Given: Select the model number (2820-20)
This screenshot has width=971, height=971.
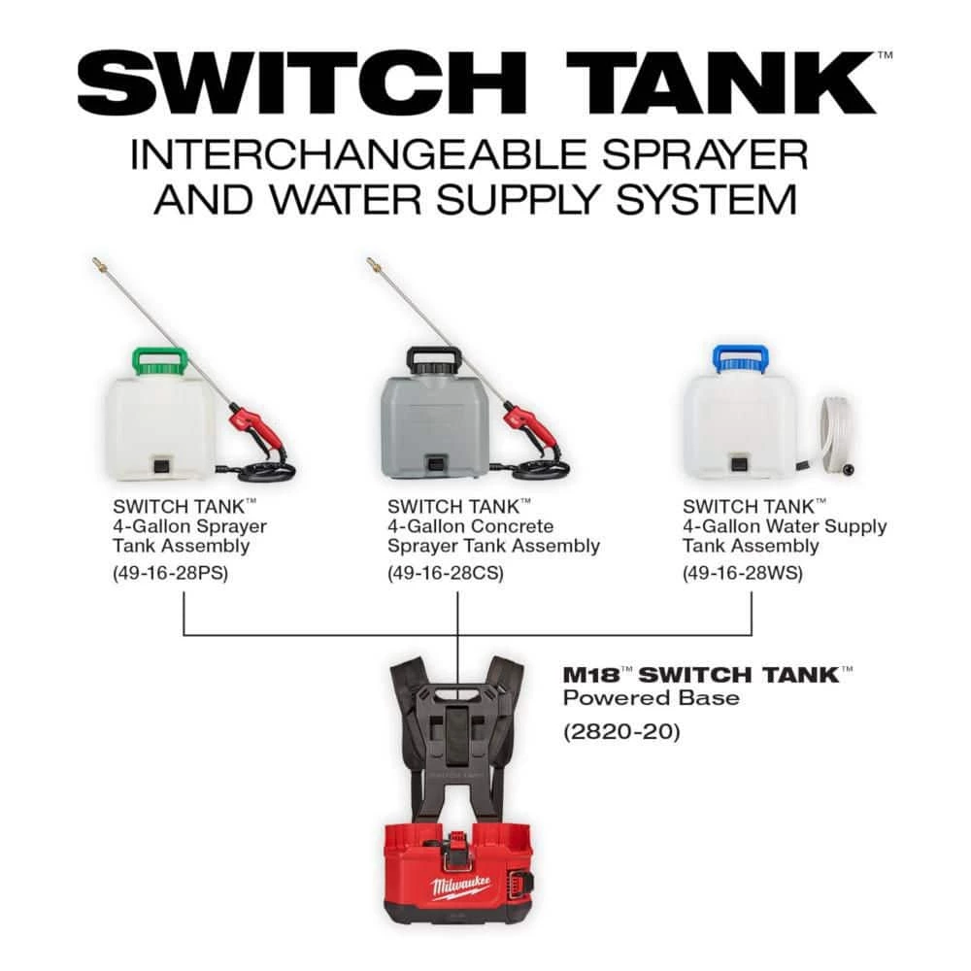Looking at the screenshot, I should click(622, 730).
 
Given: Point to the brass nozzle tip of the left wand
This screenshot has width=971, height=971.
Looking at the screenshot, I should click(98, 263).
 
